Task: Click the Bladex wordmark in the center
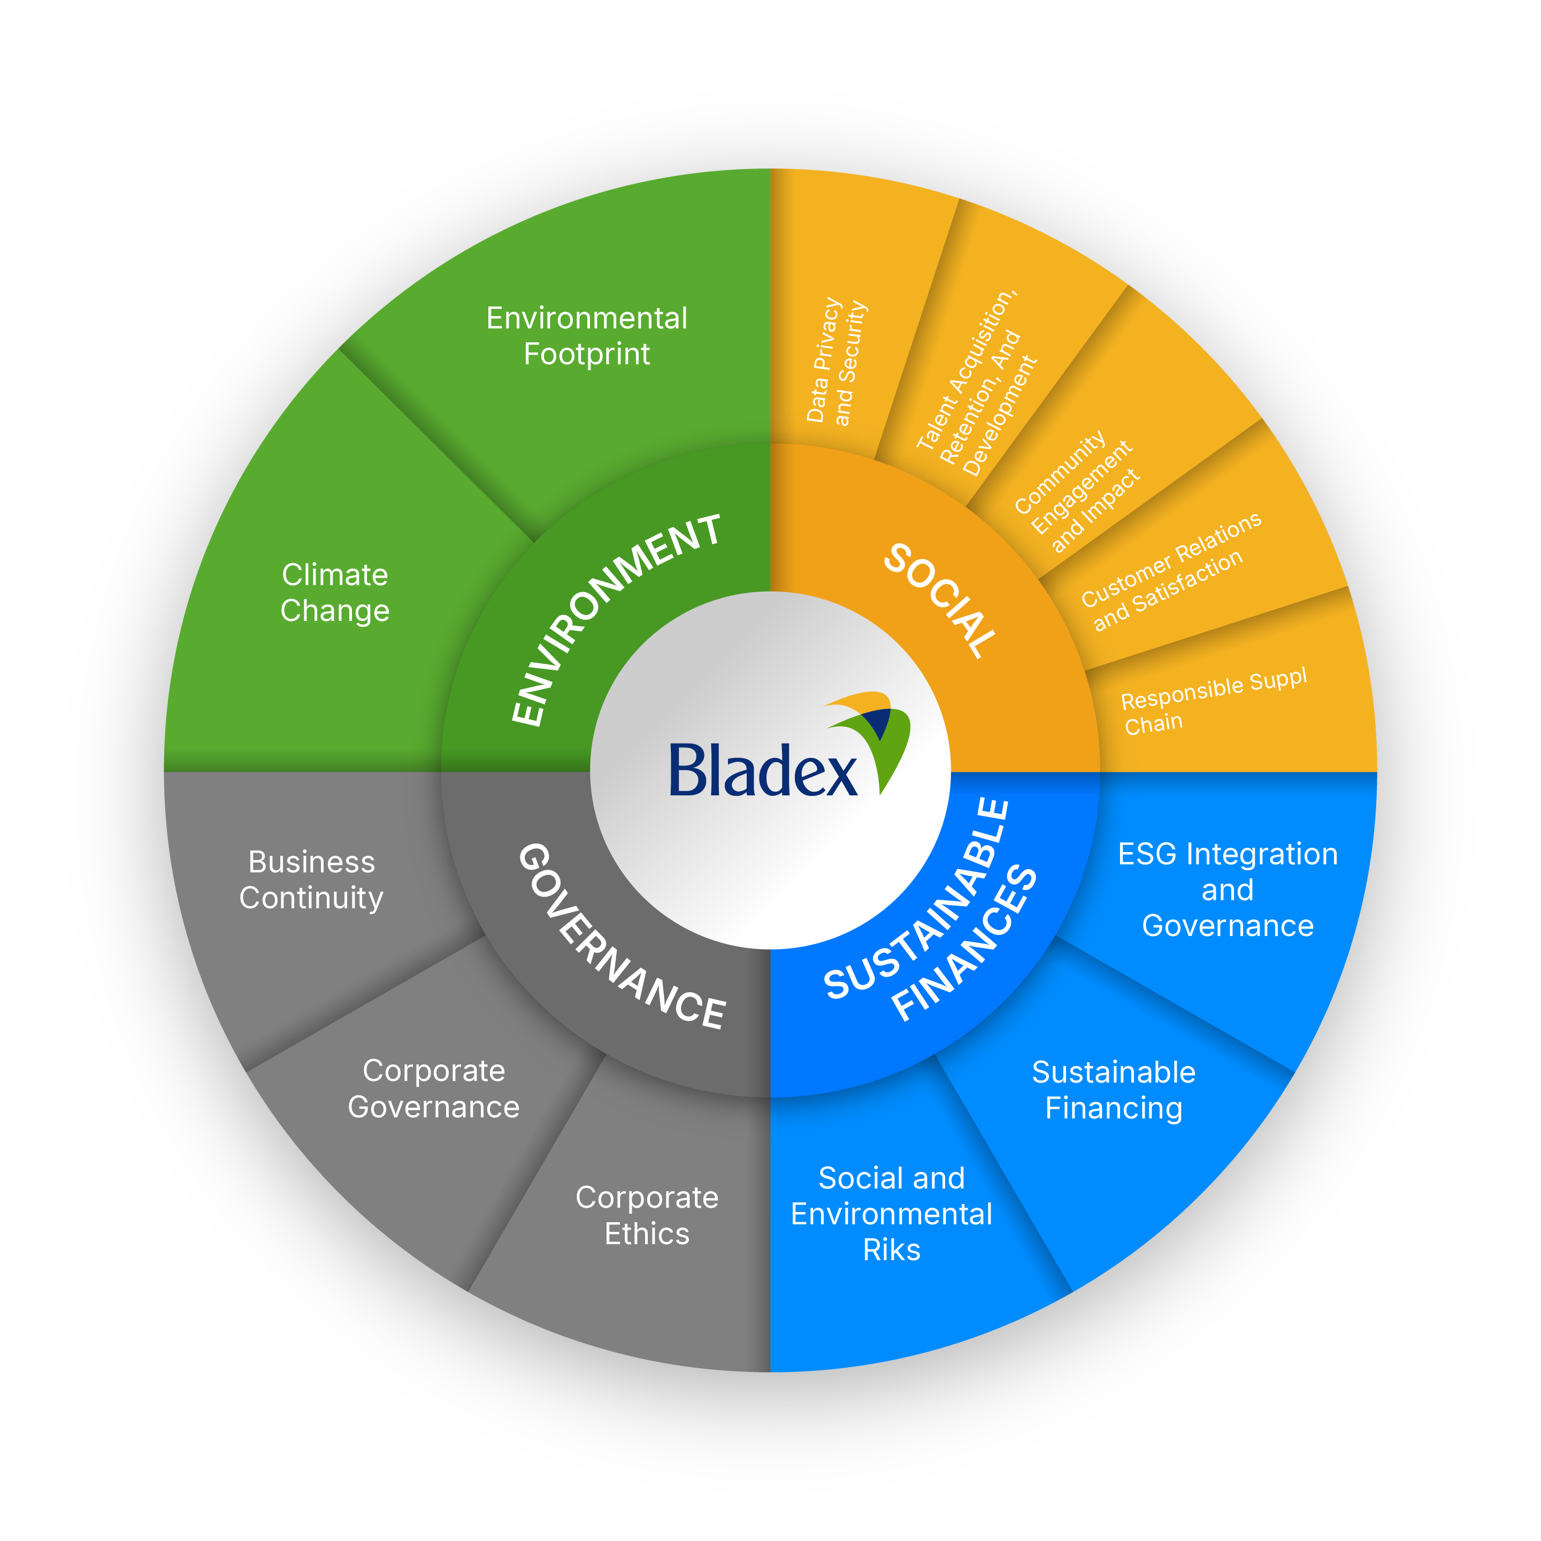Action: [762, 770]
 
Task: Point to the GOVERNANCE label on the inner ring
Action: [622, 937]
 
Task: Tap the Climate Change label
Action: [335, 593]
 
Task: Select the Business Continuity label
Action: [311, 880]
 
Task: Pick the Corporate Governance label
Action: [433, 1088]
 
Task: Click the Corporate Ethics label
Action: [647, 1216]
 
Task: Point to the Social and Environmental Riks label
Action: [891, 1213]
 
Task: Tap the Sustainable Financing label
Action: [1114, 1090]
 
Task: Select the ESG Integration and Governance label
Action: [1228, 890]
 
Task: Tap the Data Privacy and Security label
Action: [836, 362]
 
